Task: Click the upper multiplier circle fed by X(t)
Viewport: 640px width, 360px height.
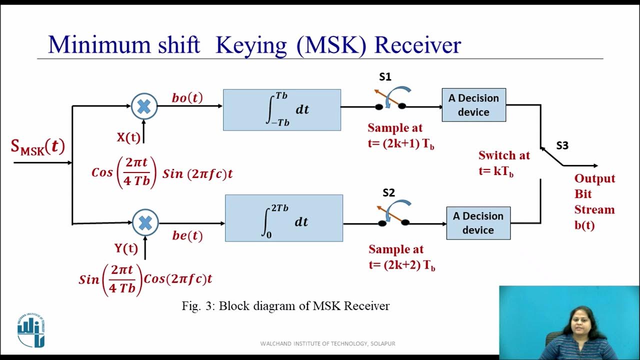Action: tap(144, 106)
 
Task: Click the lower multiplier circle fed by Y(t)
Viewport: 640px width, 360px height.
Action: tap(145, 223)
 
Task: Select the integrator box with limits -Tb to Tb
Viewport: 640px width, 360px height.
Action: tap(282, 110)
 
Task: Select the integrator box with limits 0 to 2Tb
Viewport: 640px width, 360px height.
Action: tap(284, 218)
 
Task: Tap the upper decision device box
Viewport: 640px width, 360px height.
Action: tap(473, 105)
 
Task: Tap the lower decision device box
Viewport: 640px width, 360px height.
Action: tap(478, 223)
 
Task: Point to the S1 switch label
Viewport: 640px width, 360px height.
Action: tap(385, 77)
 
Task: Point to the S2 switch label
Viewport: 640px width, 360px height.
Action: tap(388, 192)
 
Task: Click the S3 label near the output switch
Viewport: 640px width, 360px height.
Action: tap(562, 145)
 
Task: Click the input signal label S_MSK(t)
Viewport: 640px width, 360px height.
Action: tap(38, 146)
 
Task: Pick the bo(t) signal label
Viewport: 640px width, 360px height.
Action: tap(187, 97)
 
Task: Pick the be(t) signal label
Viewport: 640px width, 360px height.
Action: tap(187, 235)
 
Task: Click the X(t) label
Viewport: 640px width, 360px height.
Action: tap(128, 137)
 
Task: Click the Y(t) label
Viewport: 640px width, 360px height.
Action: tap(126, 248)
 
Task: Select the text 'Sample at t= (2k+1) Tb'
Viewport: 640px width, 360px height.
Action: tap(401, 135)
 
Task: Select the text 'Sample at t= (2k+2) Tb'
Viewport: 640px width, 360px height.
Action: tap(401, 257)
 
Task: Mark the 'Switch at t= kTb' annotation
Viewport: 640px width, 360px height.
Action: tap(503, 163)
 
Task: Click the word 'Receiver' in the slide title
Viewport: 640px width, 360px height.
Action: tap(417, 45)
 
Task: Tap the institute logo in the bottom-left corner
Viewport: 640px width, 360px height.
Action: tap(31, 330)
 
